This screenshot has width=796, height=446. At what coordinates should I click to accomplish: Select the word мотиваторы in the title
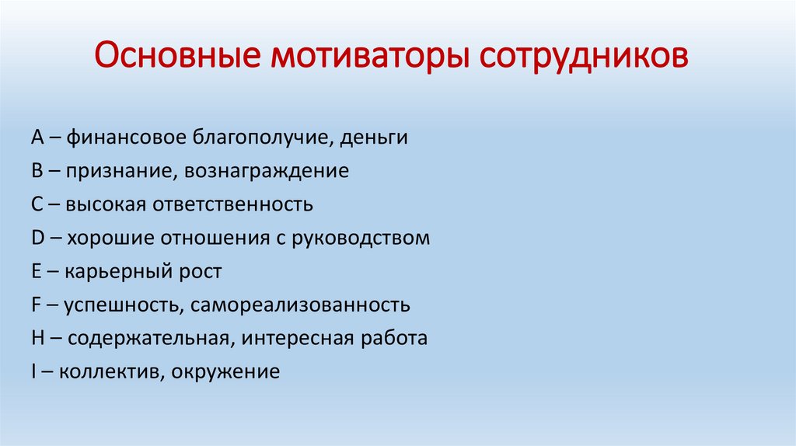tap(369, 57)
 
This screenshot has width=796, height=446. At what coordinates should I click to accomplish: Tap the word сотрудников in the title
tap(584, 57)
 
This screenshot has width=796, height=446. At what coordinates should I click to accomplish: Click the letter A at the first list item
tap(37, 137)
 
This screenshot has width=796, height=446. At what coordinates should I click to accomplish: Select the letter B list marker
tap(37, 170)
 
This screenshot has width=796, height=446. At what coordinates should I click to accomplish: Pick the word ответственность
tap(233, 204)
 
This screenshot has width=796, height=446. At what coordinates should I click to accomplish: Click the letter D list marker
tap(38, 238)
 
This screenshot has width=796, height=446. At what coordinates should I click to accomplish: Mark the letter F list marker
tap(36, 305)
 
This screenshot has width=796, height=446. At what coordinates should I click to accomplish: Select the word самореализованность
tap(301, 305)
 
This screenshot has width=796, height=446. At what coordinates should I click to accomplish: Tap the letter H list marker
tap(38, 338)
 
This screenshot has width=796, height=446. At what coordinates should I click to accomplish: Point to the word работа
tap(394, 339)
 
